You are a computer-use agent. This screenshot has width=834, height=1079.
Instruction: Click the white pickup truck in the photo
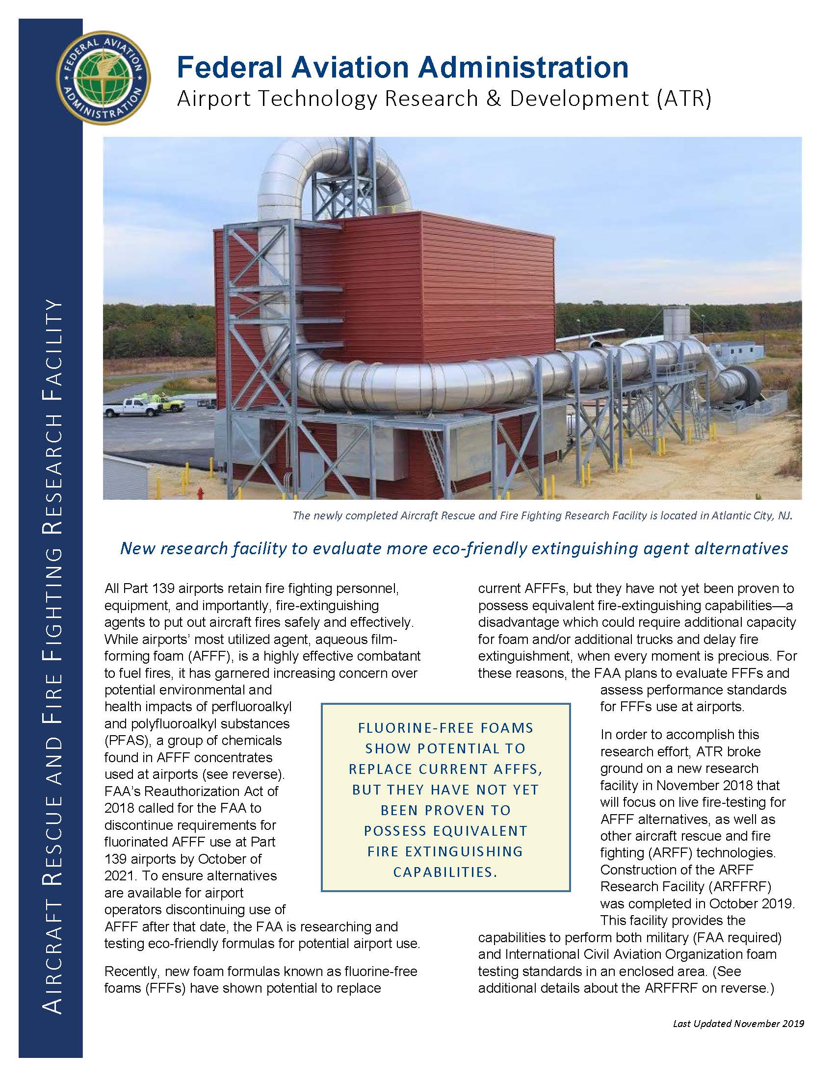pyautogui.click(x=130, y=408)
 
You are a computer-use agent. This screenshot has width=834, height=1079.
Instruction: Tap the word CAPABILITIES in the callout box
pyautogui.click(x=444, y=873)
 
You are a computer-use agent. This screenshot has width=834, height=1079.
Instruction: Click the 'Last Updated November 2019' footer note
pyautogui.click(x=738, y=1024)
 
